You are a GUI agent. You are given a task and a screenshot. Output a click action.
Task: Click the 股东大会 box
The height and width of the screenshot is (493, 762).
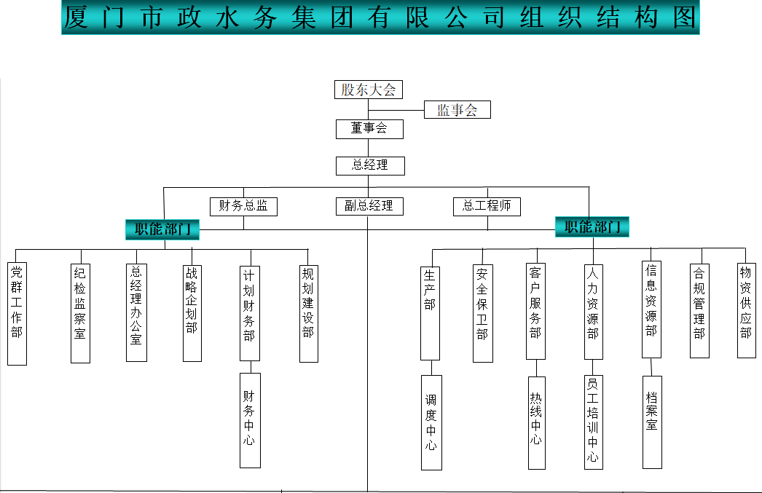coord(369,90)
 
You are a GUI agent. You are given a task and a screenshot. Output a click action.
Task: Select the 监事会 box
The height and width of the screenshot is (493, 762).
coord(457,110)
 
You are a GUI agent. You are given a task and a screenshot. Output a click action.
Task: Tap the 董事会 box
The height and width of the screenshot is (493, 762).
coord(369,129)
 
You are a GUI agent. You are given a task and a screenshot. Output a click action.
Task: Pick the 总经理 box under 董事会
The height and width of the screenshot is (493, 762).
coord(369,165)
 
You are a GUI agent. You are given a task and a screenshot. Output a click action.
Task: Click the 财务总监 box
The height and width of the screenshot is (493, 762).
coord(243,206)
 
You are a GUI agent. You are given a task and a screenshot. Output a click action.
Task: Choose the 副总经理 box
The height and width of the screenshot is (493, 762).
coord(369,206)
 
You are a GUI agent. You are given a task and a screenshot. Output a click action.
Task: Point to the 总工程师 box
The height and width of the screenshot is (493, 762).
coord(487,206)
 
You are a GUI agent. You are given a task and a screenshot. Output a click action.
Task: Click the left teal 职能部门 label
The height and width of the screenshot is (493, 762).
coord(162,229)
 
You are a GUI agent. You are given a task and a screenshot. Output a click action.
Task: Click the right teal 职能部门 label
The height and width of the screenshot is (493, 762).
coord(592,226)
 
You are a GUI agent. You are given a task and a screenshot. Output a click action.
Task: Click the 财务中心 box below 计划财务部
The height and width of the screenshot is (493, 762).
coord(250,420)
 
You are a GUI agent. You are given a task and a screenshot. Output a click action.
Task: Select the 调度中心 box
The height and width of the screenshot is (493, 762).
coord(431,422)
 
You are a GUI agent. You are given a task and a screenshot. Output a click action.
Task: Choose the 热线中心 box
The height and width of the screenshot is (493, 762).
coord(535,420)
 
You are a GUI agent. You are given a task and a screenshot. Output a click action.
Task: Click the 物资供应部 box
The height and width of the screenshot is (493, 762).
coord(746,310)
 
